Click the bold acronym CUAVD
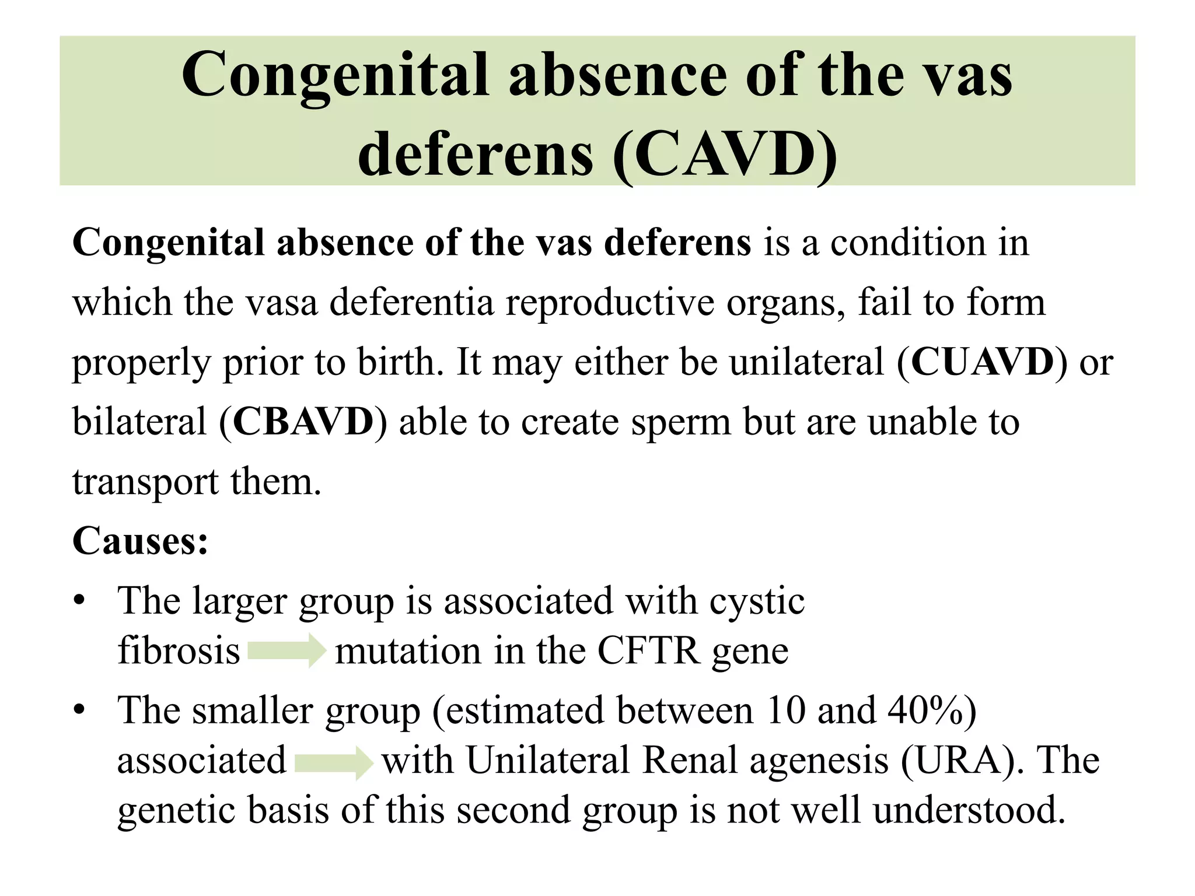click(x=983, y=362)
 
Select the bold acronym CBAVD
click(x=303, y=421)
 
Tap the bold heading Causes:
click(x=140, y=541)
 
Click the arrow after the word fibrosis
click(x=286, y=650)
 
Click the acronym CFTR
click(x=648, y=650)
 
